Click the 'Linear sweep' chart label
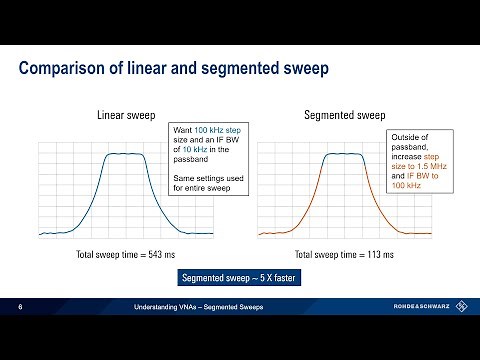[125, 116]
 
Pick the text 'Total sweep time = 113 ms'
[339, 254]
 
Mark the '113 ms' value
[371, 254]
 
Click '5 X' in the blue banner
[260, 278]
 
